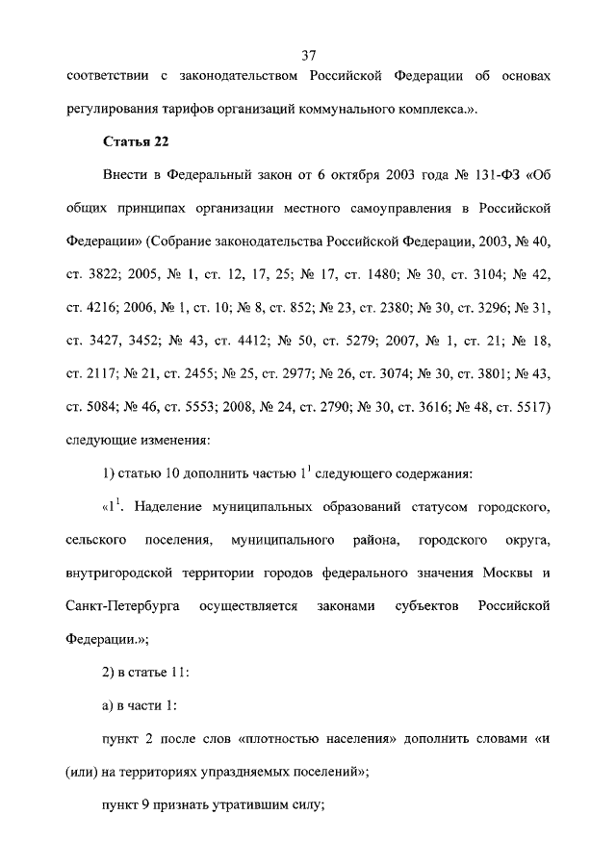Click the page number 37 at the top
click(309, 55)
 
